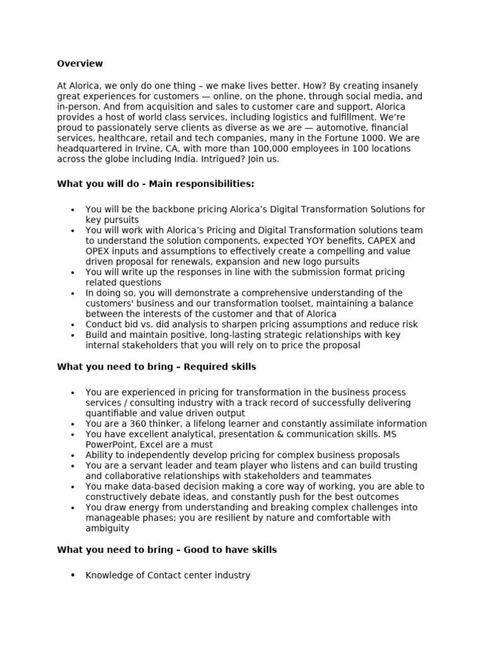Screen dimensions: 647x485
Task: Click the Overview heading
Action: (80, 64)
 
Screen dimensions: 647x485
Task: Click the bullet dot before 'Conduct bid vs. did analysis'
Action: (73, 325)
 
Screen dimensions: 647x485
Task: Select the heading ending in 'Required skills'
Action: (157, 366)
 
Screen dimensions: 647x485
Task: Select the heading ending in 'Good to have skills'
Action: (167, 550)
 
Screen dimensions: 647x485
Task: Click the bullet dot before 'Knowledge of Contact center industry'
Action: (73, 575)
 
